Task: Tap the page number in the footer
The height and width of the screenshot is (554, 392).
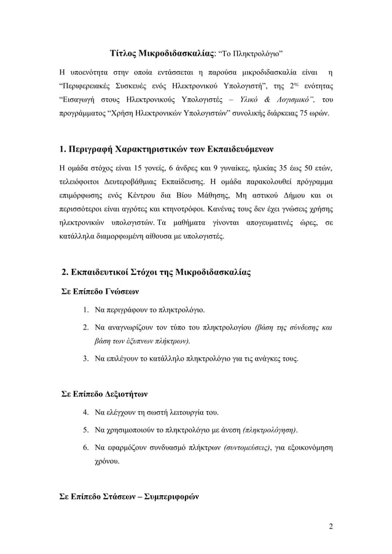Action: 331,526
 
